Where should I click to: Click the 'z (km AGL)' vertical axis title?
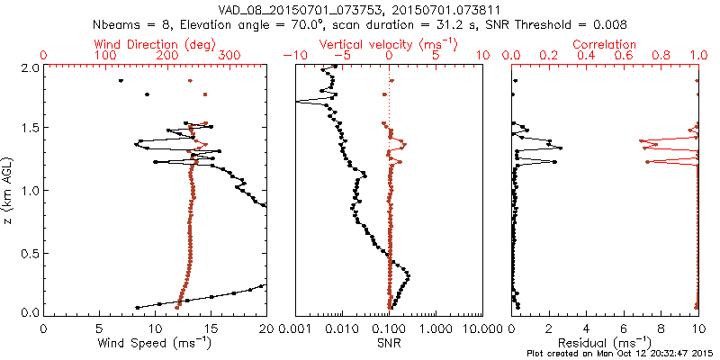[9, 190]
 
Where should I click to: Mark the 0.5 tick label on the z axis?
[29, 252]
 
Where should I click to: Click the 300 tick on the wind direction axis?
[230, 56]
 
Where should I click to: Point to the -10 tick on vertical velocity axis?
[292, 56]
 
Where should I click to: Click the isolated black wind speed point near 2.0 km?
[121, 81]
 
